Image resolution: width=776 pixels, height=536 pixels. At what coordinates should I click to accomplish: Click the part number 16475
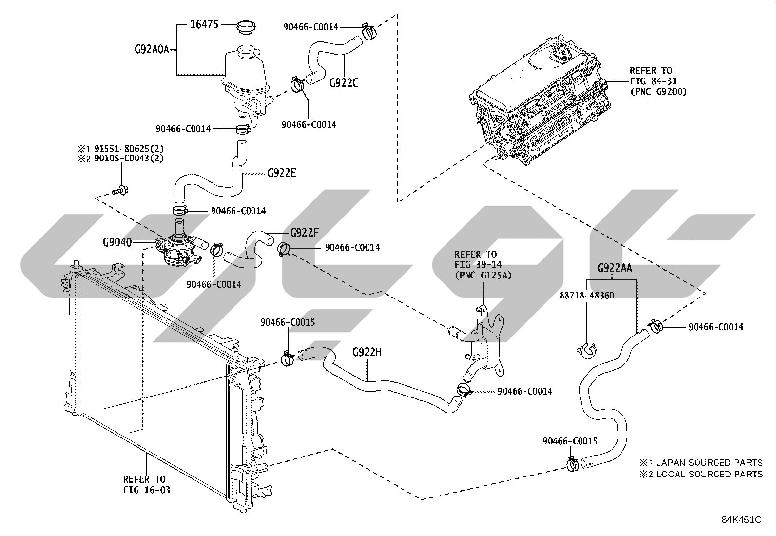204,24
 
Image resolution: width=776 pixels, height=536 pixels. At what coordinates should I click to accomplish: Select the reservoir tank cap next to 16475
246,27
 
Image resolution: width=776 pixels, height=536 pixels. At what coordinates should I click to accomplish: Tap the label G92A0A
152,50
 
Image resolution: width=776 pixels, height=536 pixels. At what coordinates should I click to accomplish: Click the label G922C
344,83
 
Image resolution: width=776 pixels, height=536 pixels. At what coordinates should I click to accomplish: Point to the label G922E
282,173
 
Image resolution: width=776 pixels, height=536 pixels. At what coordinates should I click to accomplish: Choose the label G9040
117,242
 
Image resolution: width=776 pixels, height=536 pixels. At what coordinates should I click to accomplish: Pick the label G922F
304,232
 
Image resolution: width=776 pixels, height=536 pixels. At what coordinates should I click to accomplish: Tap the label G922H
367,352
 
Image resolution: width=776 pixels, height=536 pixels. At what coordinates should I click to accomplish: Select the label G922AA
615,268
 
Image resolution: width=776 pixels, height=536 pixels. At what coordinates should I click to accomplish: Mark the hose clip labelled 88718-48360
587,351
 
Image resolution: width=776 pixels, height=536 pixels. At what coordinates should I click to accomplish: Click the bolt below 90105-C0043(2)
120,190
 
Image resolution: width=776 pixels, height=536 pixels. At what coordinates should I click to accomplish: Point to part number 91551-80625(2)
129,149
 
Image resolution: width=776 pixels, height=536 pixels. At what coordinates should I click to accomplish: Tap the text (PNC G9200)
659,92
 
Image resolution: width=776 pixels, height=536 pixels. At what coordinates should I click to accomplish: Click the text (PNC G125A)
483,275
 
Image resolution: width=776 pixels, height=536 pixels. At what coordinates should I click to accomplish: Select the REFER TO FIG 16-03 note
147,484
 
